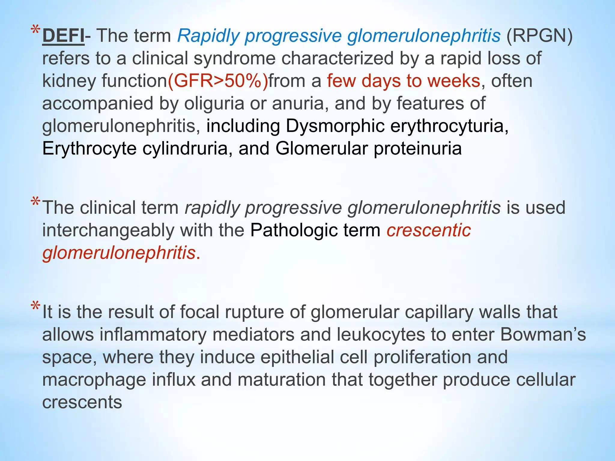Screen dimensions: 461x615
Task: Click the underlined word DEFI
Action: click(63, 36)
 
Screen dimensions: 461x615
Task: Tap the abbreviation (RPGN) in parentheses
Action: click(539, 36)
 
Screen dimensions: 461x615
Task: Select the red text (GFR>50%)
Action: click(218, 81)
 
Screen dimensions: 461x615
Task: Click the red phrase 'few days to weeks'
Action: click(404, 81)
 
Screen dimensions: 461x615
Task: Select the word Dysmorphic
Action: click(335, 126)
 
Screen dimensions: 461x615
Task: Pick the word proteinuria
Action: click(417, 149)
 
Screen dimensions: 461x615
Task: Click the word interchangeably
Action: click(108, 230)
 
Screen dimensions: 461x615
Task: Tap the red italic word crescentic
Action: click(429, 230)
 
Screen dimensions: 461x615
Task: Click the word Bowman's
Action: click(543, 335)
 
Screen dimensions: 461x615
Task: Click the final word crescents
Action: click(82, 402)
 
